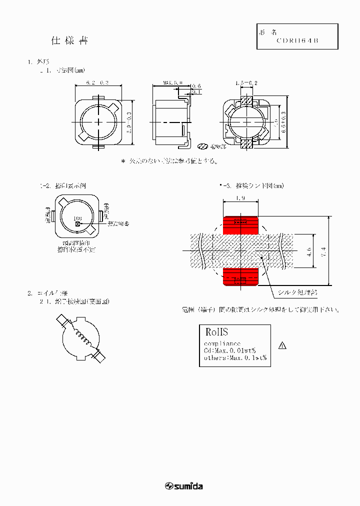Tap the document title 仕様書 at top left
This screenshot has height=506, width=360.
tap(70, 41)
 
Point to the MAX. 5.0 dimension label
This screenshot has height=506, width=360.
tap(172, 82)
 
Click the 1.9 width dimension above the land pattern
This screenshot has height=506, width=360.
tap(239, 198)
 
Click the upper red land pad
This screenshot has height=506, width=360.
tap(240, 225)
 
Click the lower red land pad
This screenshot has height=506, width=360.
tap(240, 275)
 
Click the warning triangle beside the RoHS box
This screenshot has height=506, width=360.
tap(282, 345)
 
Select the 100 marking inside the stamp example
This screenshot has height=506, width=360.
tap(77, 218)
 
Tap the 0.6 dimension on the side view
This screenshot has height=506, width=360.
tap(196, 86)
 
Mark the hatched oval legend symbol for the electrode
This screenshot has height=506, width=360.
tap(202, 147)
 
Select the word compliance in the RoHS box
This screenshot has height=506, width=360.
tap(222, 343)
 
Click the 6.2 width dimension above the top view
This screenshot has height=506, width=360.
tap(97, 82)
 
